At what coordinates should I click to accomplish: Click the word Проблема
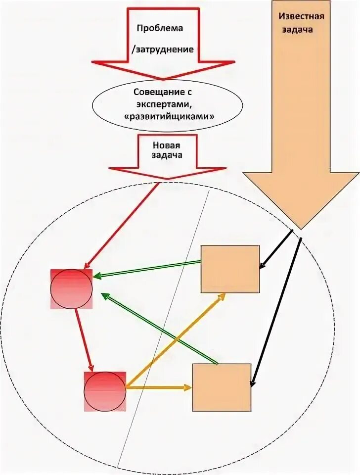160,28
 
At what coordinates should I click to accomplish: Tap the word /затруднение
162,49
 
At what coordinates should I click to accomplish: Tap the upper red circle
72,289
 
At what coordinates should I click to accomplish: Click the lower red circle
105,391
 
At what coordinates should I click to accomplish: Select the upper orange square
230,269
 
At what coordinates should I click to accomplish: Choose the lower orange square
222,387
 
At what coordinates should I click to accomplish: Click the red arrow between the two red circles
83,339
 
